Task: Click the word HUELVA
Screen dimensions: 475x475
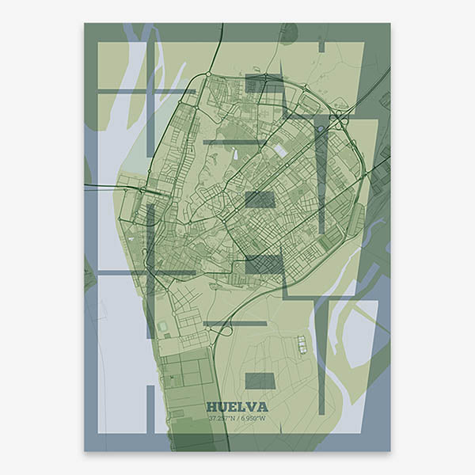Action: [x=237, y=407]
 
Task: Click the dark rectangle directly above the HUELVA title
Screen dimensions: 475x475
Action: [x=260, y=381]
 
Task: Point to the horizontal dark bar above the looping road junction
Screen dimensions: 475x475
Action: [x=234, y=323]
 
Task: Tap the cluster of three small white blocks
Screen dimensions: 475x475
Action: [x=302, y=344]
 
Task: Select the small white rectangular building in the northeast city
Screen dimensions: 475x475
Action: [x=280, y=150]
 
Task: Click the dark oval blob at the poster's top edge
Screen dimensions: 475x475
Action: [x=289, y=32]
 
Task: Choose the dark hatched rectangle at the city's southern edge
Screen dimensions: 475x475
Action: [x=263, y=264]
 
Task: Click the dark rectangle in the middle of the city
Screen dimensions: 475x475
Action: [x=260, y=199]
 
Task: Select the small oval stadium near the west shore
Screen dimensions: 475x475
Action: [x=163, y=326]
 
